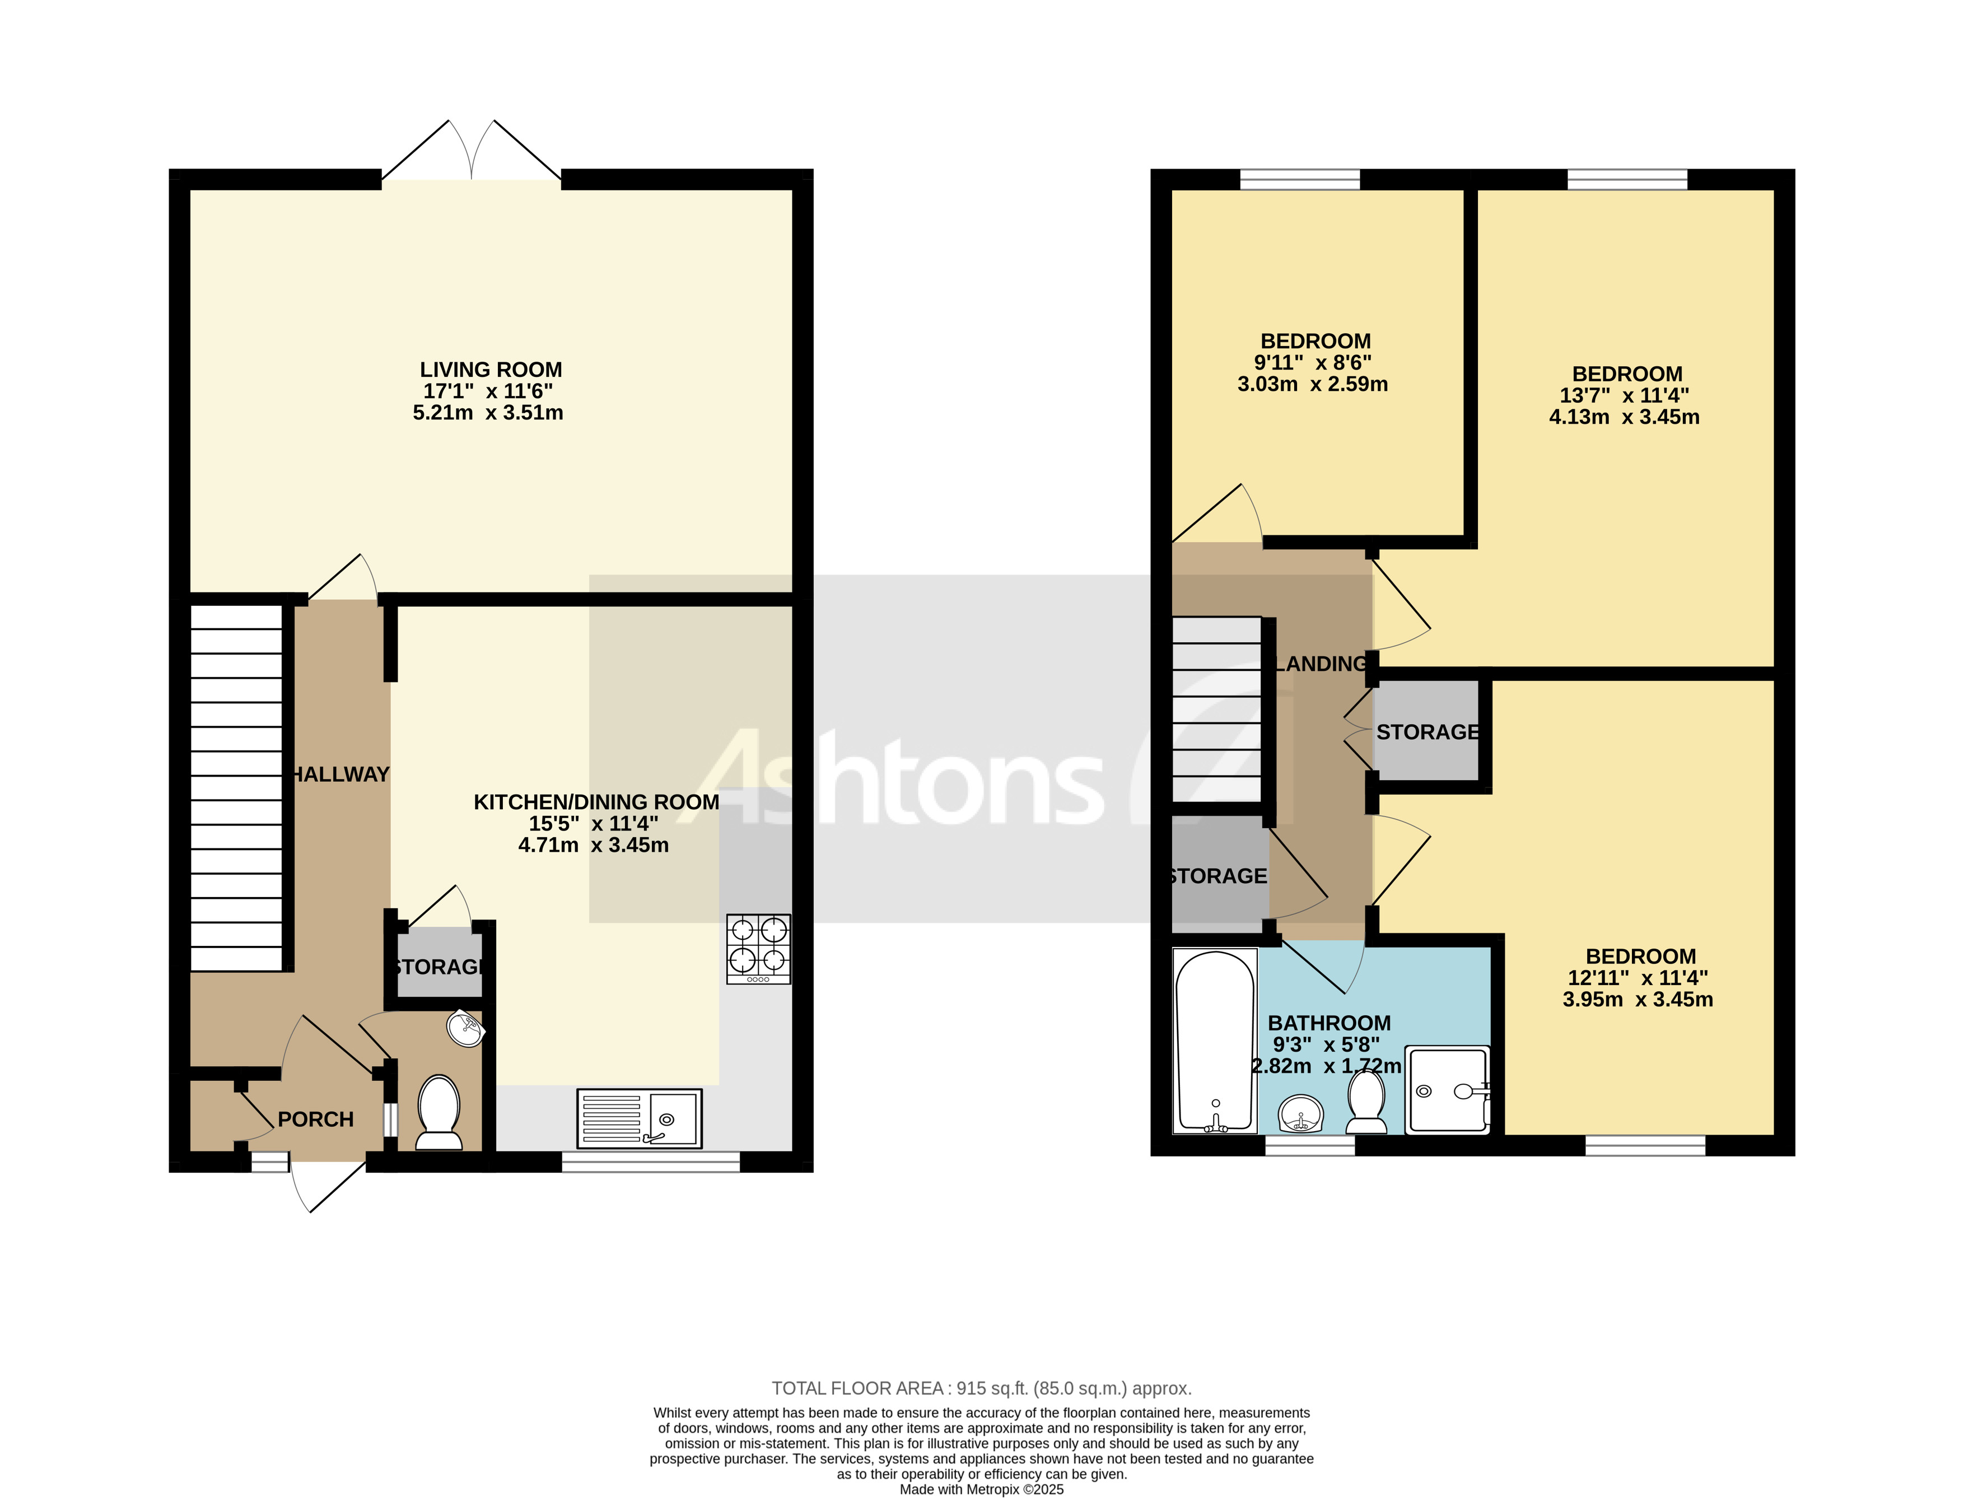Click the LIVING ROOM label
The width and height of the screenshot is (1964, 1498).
(491, 369)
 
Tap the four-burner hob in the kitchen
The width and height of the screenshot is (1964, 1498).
(758, 949)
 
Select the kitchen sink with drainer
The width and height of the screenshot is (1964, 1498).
(639, 1118)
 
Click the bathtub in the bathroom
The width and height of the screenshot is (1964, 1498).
(1214, 1040)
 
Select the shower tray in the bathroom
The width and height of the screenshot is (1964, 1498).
(1448, 1090)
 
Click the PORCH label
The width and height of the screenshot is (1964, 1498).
(316, 1119)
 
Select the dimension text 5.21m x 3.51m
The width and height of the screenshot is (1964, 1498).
(488, 413)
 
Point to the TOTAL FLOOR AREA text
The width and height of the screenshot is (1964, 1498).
(981, 1388)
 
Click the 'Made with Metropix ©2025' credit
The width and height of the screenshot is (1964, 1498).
(981, 1489)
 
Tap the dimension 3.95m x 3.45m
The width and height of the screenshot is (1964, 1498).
(1637, 1000)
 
